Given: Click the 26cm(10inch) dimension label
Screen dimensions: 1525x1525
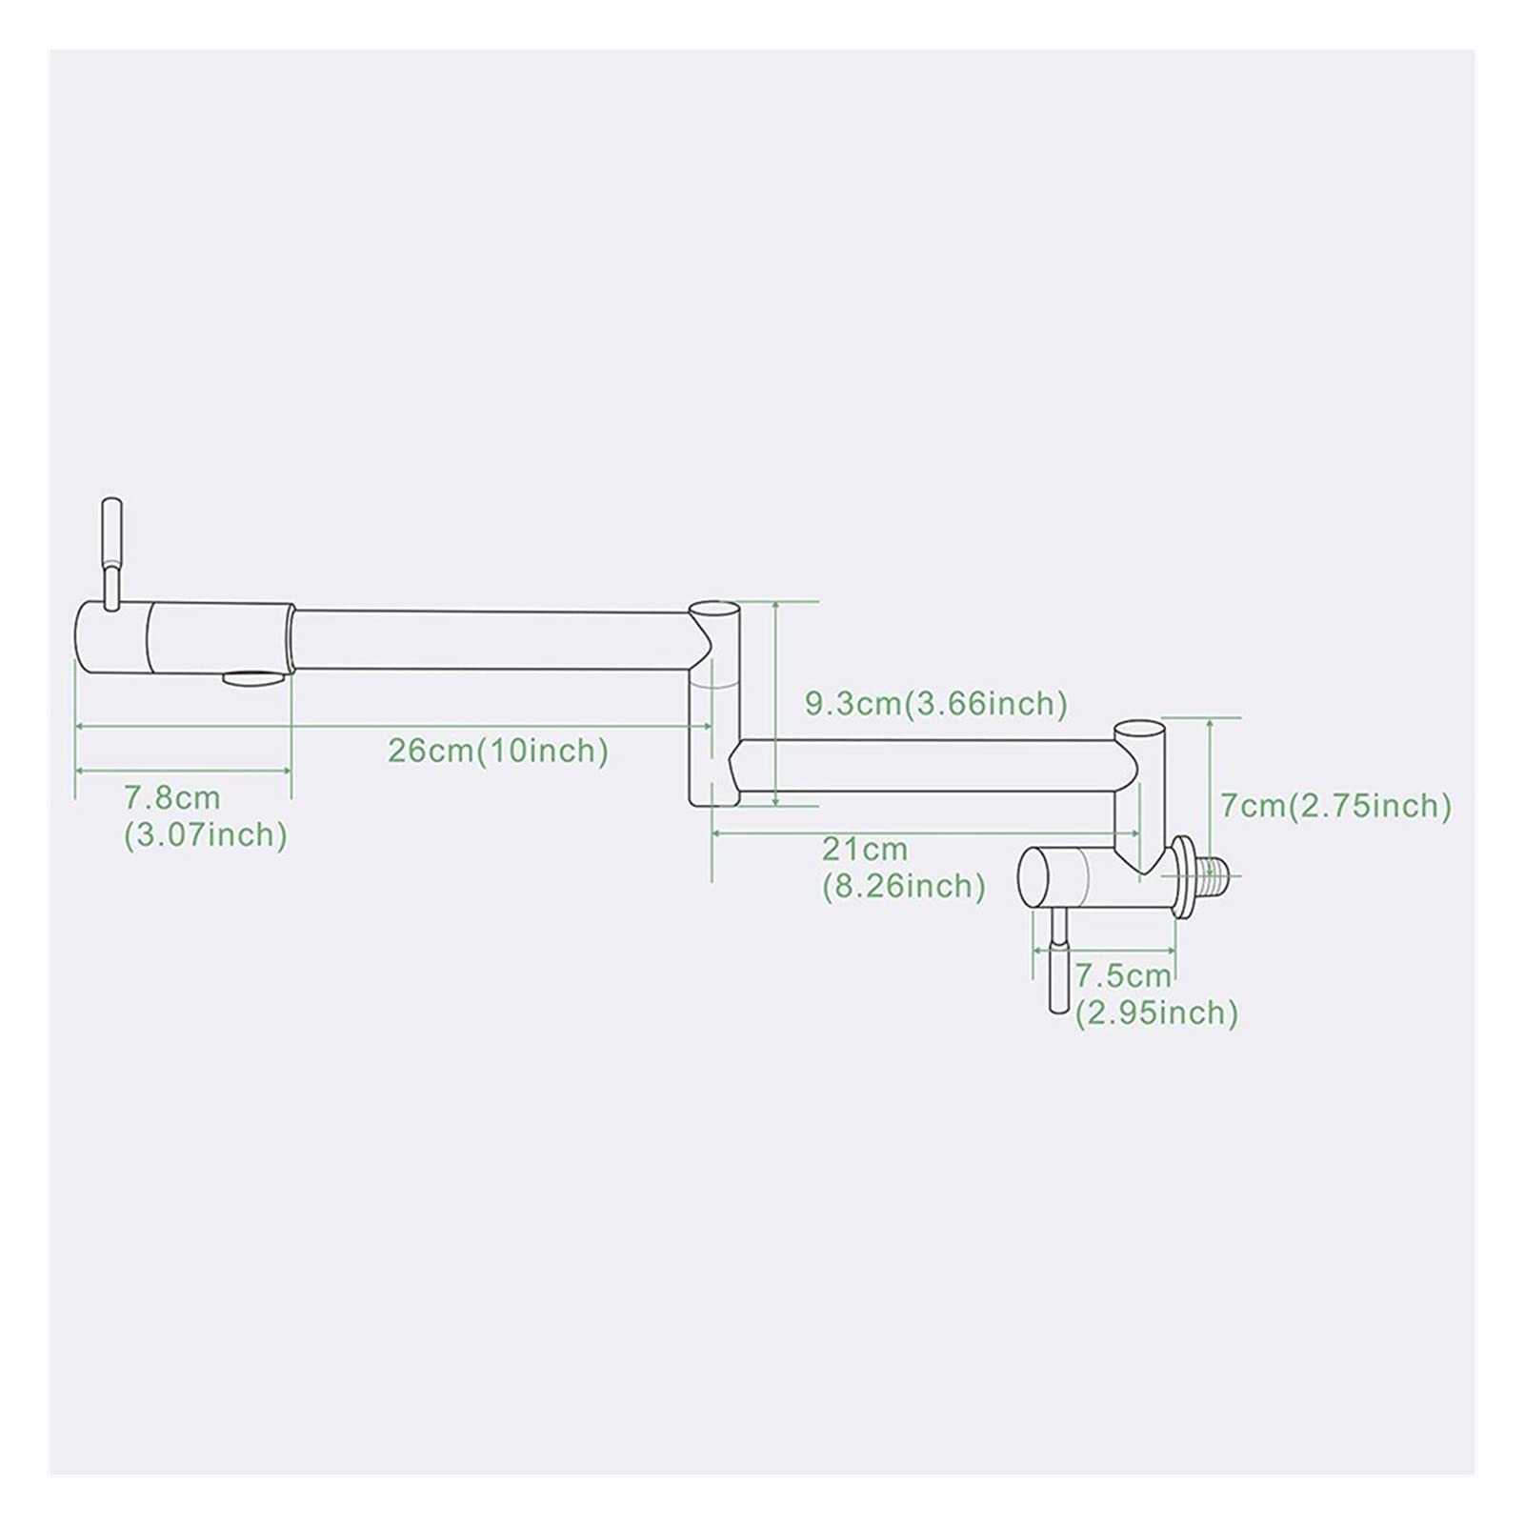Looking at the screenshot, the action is click(498, 751).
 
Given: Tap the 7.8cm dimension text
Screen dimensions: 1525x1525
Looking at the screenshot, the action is click(172, 796).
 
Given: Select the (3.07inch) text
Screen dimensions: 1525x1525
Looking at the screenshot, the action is click(206, 835).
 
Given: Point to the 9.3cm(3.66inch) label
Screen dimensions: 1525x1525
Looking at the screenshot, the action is click(936, 704).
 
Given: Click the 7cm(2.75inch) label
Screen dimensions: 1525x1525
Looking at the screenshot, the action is click(1336, 806).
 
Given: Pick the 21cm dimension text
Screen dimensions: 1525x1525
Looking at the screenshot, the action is click(865, 848).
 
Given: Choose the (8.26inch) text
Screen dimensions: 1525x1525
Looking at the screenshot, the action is click(904, 887).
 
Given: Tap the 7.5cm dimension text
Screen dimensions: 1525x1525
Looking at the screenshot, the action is click(1123, 975).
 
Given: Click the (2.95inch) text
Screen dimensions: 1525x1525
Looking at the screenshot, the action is click(1157, 1013).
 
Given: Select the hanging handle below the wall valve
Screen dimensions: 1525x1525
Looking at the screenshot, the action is click(1058, 962).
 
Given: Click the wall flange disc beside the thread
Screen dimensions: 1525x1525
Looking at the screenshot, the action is click(1184, 876).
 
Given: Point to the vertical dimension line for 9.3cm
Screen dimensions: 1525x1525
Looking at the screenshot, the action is click(777, 703).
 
